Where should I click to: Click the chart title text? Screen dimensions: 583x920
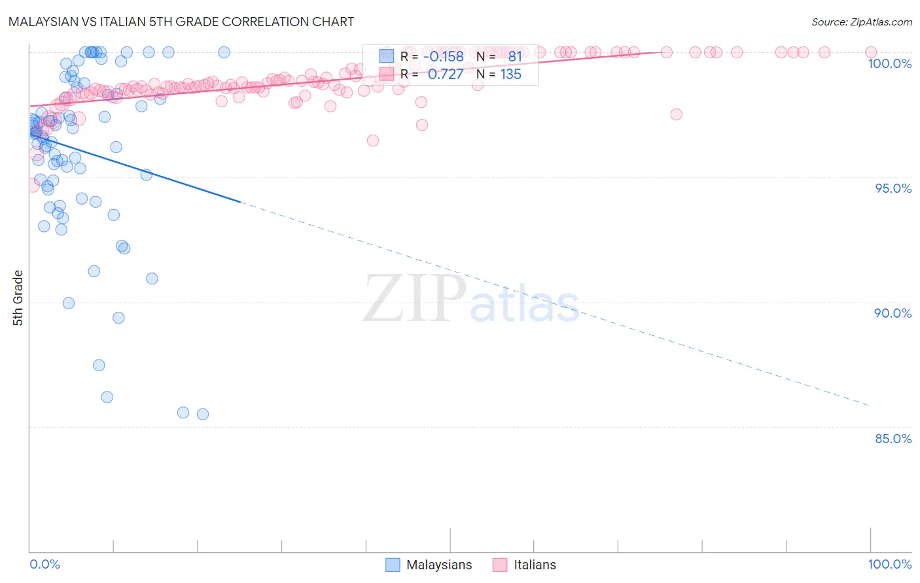[181, 22]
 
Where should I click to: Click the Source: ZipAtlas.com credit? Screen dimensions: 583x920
[861, 22]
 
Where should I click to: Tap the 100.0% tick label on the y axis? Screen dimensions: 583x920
[889, 63]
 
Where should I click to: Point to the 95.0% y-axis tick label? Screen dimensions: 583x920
[893, 188]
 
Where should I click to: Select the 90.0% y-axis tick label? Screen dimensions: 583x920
[893, 313]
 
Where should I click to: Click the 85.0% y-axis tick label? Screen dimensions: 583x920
[893, 439]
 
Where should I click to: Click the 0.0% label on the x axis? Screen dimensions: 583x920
[44, 564]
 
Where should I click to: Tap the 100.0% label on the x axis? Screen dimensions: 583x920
[889, 564]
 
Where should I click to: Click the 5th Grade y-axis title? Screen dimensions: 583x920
[18, 298]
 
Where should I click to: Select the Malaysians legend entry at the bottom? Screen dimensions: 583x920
[429, 565]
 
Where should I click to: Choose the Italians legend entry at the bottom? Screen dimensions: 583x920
[525, 565]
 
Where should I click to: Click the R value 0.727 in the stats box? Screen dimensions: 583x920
[445, 75]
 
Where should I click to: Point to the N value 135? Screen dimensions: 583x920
[510, 75]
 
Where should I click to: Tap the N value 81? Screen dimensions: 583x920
[515, 56]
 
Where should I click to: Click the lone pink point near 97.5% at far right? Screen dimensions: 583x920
[676, 114]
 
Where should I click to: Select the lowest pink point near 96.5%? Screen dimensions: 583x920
[373, 141]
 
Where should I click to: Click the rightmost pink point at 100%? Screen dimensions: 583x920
[871, 52]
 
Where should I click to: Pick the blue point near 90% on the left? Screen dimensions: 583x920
[69, 303]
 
